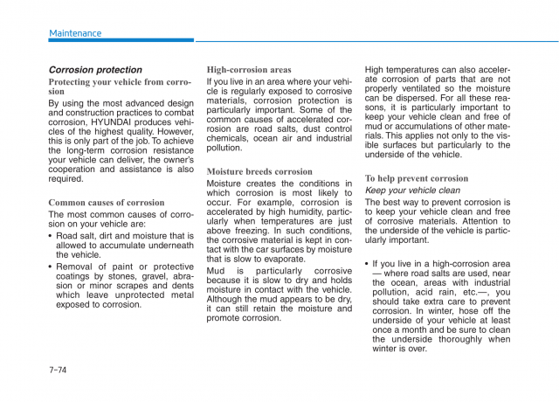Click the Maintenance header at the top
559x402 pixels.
(75, 33)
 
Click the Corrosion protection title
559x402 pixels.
(94, 70)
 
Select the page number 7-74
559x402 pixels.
(61, 371)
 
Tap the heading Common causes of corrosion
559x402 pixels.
(106, 203)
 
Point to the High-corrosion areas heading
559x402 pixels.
(249, 70)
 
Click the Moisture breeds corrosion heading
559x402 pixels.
(259, 172)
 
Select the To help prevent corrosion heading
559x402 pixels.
(416, 178)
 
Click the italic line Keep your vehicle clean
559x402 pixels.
(412, 191)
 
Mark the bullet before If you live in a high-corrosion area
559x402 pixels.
(368, 263)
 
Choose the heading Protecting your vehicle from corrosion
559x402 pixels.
(120, 87)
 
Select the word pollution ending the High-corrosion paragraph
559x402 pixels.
(225, 149)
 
